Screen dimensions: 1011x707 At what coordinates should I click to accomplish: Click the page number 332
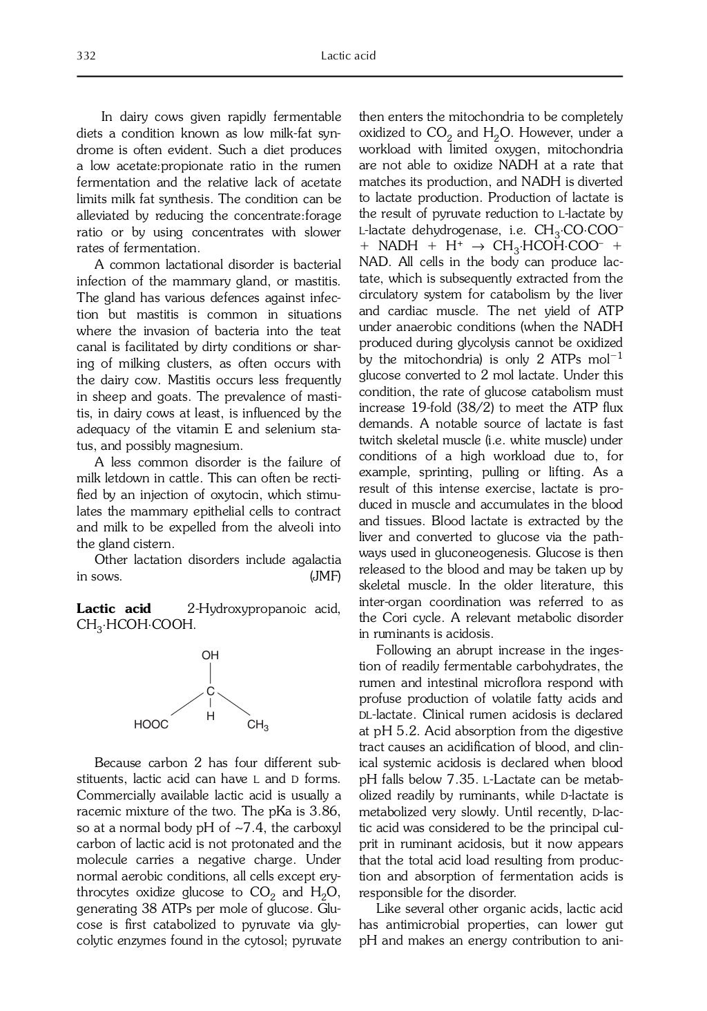(x=86, y=56)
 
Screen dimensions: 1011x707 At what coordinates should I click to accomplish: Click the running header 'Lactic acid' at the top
(x=349, y=56)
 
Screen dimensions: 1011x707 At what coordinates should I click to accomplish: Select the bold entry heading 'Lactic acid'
(x=113, y=609)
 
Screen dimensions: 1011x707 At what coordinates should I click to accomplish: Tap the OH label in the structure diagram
(x=210, y=654)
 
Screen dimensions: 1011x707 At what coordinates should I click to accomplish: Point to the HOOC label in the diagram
(x=151, y=725)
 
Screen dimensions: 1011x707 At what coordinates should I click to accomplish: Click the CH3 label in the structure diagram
(x=258, y=725)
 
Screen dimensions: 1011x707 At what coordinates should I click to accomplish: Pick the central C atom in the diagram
(x=210, y=691)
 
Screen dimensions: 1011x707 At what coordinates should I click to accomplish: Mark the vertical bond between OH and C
(x=210, y=672)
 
